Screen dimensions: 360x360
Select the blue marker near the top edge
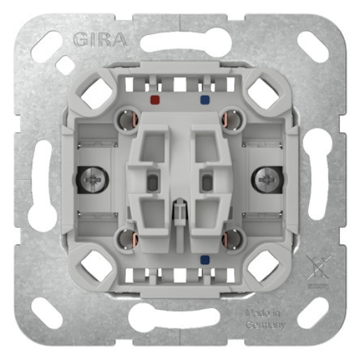pos(203,100)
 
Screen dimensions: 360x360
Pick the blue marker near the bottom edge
pos(203,259)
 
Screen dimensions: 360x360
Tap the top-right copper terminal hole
pos(230,120)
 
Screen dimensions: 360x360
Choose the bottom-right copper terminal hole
pos(230,240)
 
